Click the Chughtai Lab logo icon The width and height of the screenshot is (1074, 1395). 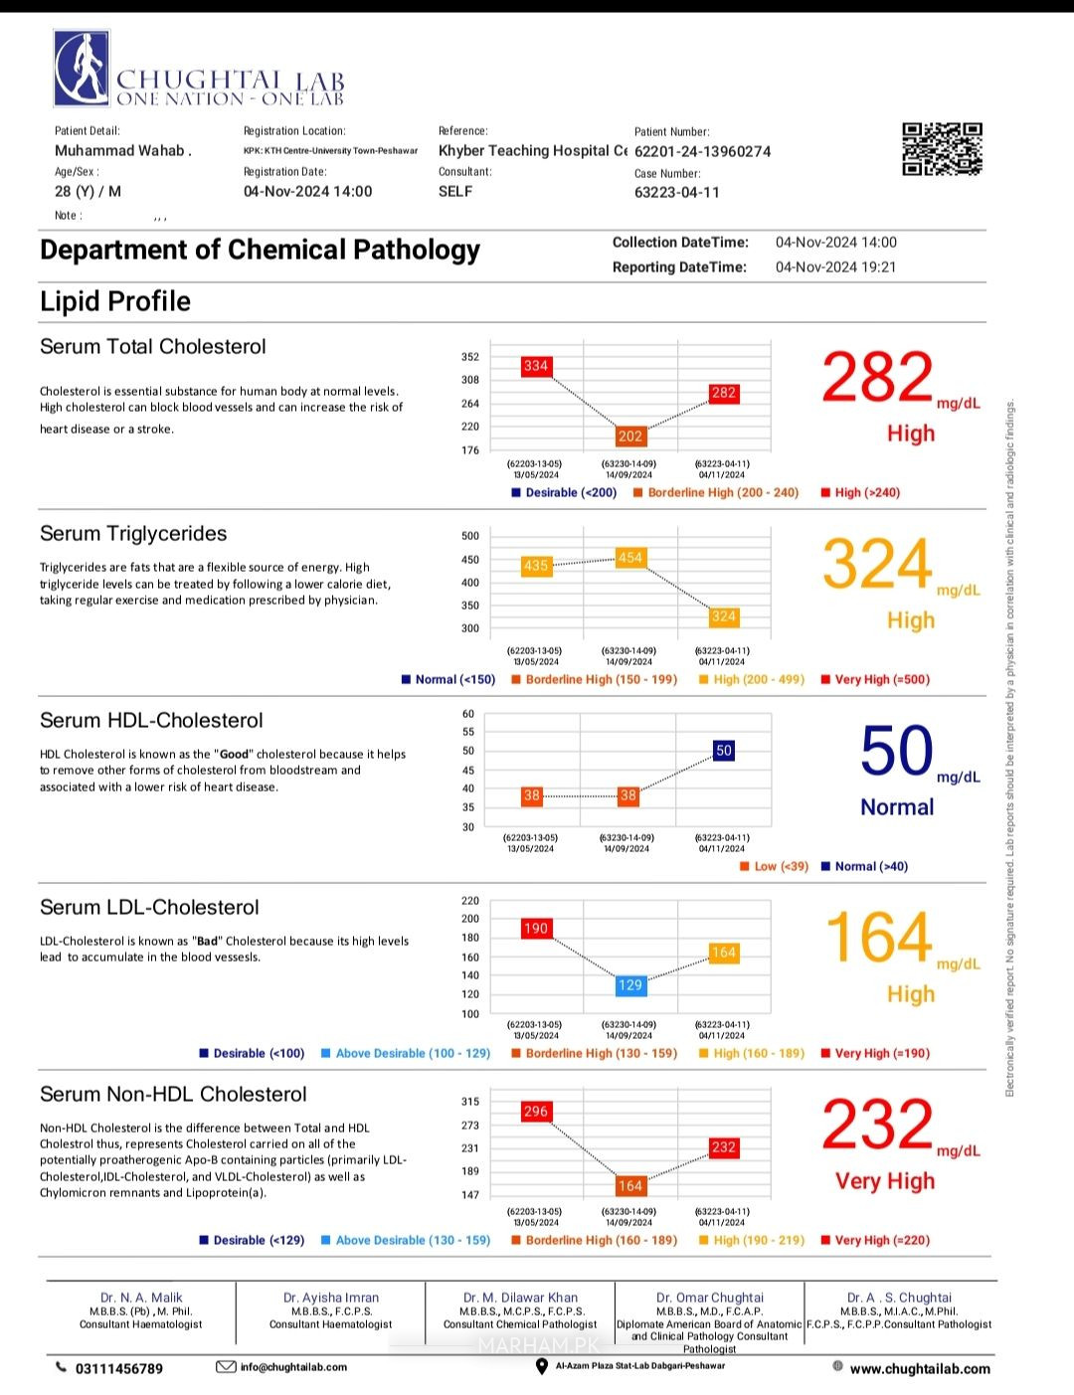tap(82, 68)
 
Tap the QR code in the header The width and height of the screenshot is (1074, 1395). tap(942, 149)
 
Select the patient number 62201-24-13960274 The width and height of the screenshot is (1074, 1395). tap(702, 152)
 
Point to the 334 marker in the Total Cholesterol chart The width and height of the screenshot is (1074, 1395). tap(536, 366)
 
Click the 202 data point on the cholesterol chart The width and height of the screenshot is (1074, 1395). tap(630, 436)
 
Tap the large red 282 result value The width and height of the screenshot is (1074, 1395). tap(877, 379)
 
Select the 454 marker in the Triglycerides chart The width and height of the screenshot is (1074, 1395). tap(630, 558)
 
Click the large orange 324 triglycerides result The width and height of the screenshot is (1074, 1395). tap(877, 565)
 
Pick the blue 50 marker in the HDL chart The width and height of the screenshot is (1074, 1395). tap(724, 751)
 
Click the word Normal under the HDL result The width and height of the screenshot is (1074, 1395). tap(897, 807)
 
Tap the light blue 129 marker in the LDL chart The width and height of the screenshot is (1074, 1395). tap(630, 984)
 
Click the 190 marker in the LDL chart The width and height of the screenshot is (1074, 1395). tap(536, 928)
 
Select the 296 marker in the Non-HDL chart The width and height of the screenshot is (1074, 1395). tap(536, 1111)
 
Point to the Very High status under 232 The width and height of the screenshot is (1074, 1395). tap(885, 1181)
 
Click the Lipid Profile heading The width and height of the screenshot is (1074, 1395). tap(115, 301)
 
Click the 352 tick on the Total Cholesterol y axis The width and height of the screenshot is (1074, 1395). tap(470, 357)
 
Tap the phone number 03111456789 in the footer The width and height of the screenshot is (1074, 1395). tap(118, 1368)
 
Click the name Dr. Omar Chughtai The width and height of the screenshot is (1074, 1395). tap(710, 1298)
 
